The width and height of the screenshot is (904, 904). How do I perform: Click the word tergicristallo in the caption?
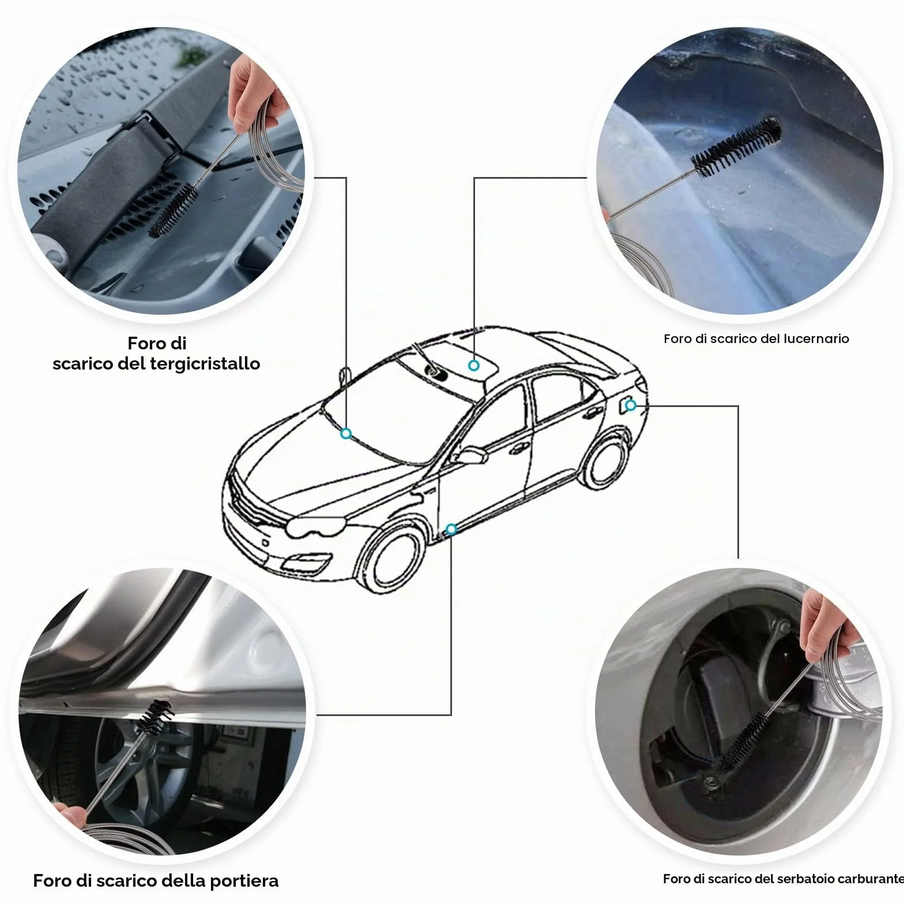point(205,364)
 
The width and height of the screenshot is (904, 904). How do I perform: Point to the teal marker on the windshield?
point(346,434)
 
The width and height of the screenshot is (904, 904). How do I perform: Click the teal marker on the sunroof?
point(474,366)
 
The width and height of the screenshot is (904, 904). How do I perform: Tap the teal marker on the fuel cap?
point(631,405)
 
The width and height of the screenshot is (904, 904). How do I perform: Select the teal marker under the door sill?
point(451,529)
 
